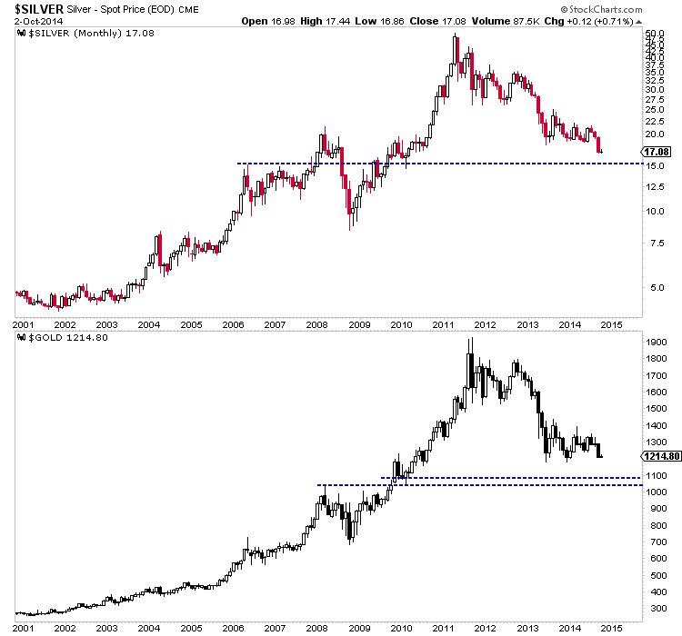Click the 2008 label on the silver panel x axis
pos(316,323)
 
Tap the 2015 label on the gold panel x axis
pos(610,626)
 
